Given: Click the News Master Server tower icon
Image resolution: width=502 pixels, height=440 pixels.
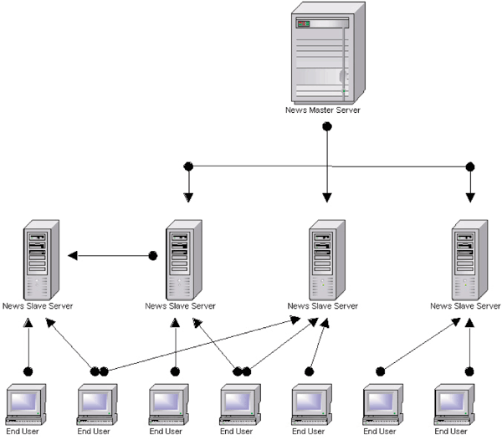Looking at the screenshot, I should tap(327, 51).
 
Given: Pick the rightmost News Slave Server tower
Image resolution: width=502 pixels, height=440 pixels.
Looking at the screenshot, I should tap(464, 258).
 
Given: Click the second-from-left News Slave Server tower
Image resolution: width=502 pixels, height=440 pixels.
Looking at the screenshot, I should tap(180, 258).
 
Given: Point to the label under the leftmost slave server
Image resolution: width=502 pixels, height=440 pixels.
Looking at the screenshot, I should tap(38, 306).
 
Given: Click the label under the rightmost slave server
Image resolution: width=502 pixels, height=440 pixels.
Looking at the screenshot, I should tap(465, 306).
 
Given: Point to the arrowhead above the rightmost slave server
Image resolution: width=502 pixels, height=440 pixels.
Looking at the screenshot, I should tap(469, 198).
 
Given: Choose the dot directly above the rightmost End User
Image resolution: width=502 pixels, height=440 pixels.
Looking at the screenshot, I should tap(469, 370).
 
